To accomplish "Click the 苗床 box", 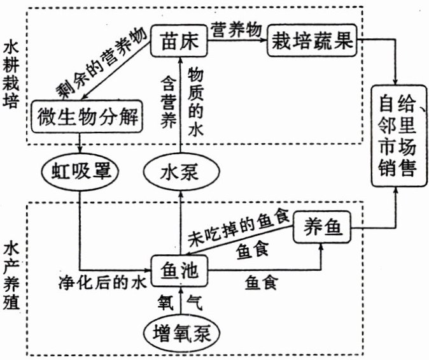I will (x=181, y=42).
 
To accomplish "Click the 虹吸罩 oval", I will (x=78, y=171).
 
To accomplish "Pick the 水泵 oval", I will (x=180, y=171).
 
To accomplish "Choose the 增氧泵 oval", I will (x=181, y=333).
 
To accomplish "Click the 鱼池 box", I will (x=180, y=270).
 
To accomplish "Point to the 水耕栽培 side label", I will (x=11, y=75).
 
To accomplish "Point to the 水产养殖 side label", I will (x=11, y=275).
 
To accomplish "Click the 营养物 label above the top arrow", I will (x=237, y=29).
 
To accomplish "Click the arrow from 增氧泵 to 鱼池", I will (x=181, y=302).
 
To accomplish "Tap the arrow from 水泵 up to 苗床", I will (x=180, y=105).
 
